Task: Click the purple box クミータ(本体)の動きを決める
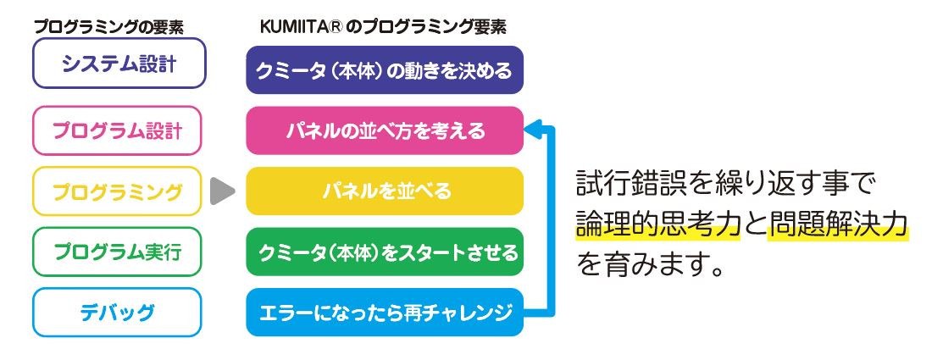(385, 70)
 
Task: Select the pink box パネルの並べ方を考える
(385, 130)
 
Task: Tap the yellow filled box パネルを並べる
(385, 191)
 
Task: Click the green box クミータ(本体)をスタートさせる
(385, 252)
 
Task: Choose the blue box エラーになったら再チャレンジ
(385, 313)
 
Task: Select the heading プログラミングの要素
(108, 27)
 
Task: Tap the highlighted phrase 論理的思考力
(658, 224)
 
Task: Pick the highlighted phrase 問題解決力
(838, 224)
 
